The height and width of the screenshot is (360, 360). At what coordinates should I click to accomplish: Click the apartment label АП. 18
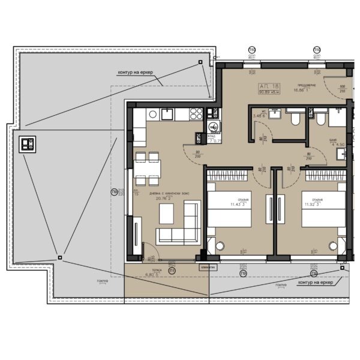(x=268, y=85)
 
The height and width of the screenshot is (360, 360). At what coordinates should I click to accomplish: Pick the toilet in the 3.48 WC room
(x=294, y=119)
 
